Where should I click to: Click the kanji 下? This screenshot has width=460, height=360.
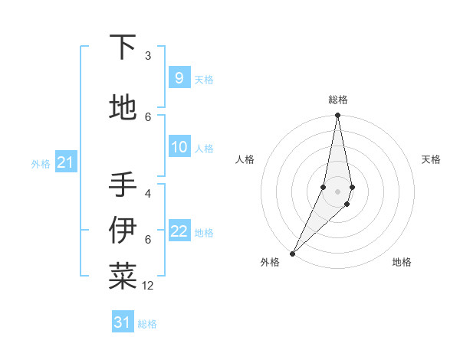point(123,47)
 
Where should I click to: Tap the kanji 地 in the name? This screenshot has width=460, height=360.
point(123,108)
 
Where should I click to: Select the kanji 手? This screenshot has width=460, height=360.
point(123,185)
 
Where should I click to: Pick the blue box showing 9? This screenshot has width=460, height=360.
point(179,78)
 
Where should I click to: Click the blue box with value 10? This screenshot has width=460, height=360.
point(179,148)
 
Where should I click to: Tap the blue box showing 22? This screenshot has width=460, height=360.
point(179,232)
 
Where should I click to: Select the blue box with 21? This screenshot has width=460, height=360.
point(65,162)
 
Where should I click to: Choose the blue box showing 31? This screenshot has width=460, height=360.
point(123,322)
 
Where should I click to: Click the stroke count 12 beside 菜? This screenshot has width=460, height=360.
point(148,286)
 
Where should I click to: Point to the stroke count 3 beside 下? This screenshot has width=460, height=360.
point(148,56)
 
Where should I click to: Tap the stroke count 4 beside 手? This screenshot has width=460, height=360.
point(148,193)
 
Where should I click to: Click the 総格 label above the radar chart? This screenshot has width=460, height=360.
point(337,100)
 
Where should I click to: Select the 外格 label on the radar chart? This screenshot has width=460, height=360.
point(270,263)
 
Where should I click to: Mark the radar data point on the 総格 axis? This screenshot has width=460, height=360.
point(337,116)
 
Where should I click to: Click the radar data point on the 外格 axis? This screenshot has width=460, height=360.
point(292,253)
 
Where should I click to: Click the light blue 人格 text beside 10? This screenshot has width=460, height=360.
point(204,149)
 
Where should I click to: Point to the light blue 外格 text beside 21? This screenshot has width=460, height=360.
point(41,163)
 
